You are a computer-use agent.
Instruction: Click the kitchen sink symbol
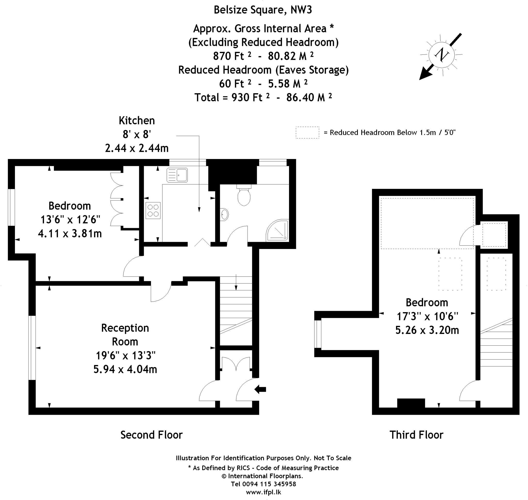click(177, 175)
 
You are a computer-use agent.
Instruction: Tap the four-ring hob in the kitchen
click(153, 211)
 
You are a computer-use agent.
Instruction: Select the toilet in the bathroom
click(244, 196)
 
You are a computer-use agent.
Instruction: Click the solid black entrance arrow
click(260, 389)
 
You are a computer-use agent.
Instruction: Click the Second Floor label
click(152, 435)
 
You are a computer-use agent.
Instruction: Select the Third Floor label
click(416, 435)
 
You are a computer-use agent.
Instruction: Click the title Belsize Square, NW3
click(263, 10)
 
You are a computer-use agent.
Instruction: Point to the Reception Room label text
click(125, 335)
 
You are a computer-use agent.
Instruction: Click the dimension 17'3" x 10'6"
click(427, 316)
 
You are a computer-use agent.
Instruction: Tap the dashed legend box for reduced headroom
click(307, 132)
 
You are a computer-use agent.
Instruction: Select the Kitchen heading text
click(137, 120)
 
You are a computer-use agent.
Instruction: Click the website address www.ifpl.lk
click(263, 492)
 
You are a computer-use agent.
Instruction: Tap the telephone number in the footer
click(263, 484)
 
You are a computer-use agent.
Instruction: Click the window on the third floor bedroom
click(318, 334)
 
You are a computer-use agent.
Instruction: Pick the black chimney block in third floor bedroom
click(411, 403)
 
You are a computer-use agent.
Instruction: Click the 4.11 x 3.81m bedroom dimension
click(70, 234)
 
